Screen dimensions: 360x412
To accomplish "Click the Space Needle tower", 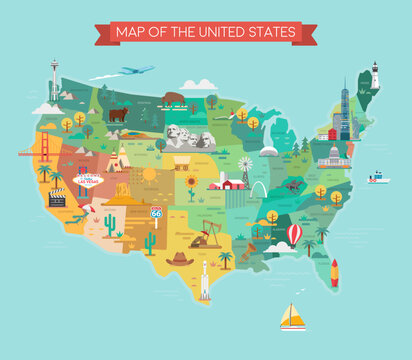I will pos(54,79).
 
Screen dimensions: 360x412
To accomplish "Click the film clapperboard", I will pos(57,198).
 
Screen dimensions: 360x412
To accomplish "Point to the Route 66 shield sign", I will pos(155,213).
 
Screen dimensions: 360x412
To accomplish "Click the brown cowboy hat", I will pos(180,258).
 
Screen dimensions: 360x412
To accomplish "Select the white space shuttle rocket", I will pos(205,281).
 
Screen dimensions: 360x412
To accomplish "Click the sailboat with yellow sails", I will pos(291,317).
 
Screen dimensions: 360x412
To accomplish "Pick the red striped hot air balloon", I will pos(294,234).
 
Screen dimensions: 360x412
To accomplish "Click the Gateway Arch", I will pos(258,189).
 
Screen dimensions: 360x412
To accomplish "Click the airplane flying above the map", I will pos(136,71).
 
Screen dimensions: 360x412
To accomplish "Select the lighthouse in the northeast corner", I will pos(375,76).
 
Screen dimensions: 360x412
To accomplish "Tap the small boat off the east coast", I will pos(378,178).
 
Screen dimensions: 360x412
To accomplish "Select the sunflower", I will pos(191,183).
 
